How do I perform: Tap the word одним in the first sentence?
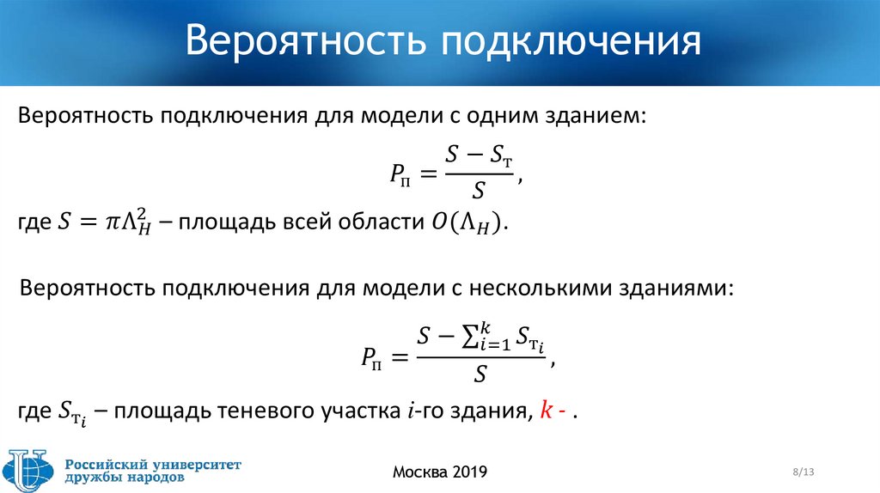(504, 115)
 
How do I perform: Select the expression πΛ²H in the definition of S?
(126, 222)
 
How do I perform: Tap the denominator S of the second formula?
(481, 374)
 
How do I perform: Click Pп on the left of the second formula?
(372, 356)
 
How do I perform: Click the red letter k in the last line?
(545, 411)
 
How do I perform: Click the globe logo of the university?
(31, 470)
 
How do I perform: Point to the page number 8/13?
(804, 472)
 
